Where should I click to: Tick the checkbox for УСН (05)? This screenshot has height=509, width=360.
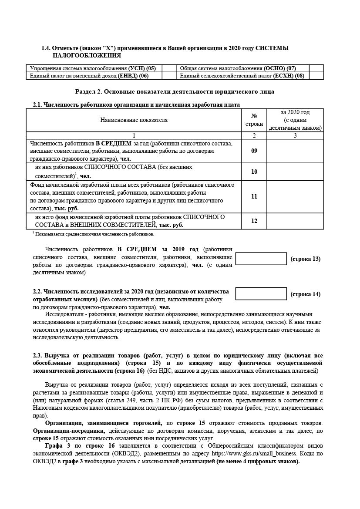[168, 68]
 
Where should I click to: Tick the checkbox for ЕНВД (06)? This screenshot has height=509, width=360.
[168, 76]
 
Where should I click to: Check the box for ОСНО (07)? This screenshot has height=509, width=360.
[316, 68]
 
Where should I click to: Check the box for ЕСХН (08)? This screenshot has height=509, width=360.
[316, 76]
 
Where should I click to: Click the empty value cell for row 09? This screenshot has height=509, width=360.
[295, 151]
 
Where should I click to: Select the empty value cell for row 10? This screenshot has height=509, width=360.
[295, 172]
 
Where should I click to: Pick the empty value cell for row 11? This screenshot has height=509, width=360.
[295, 196]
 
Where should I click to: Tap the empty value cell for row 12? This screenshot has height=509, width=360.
[295, 221]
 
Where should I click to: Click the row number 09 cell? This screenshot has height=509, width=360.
[254, 151]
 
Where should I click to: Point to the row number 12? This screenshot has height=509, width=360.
[254, 221]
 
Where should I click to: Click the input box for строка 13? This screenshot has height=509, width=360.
[261, 259]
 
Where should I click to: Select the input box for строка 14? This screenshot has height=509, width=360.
[261, 294]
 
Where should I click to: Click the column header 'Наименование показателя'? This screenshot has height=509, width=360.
[134, 120]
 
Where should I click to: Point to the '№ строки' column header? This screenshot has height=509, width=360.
[254, 120]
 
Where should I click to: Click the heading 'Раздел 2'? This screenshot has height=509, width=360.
[175, 92]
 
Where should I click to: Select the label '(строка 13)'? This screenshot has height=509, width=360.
[305, 259]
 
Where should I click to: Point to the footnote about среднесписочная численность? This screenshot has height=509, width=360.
[94, 234]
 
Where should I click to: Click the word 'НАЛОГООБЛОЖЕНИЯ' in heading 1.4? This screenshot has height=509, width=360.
[87, 56]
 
